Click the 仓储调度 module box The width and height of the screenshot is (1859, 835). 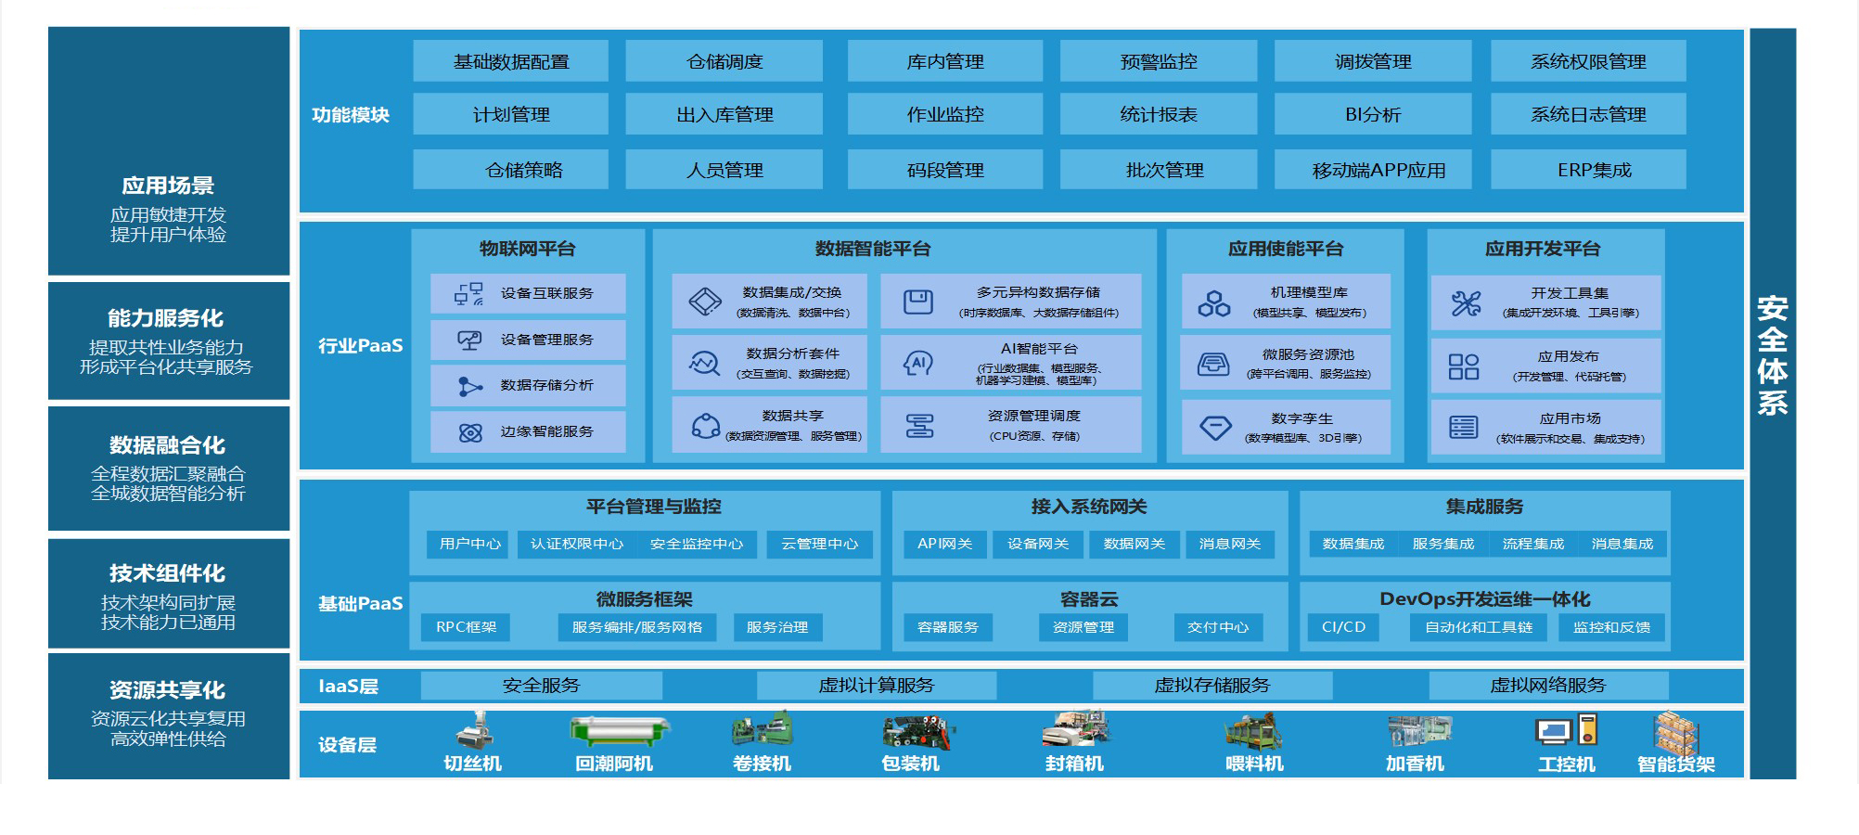(x=724, y=61)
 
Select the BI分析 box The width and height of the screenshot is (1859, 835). (x=1372, y=114)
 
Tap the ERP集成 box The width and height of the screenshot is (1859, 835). (x=1587, y=170)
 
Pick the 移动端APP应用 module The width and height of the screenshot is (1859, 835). (x=1372, y=170)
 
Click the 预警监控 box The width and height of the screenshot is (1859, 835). (x=1158, y=61)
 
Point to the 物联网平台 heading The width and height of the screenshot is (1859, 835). (x=527, y=249)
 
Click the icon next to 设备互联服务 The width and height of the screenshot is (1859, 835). (x=468, y=294)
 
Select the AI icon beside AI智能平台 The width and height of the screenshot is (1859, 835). (x=917, y=363)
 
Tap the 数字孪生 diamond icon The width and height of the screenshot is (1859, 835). (x=1214, y=428)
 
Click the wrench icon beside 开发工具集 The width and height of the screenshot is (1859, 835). (x=1466, y=302)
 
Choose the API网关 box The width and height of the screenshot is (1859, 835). (x=944, y=544)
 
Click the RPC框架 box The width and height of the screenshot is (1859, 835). (x=466, y=627)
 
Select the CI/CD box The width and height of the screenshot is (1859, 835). (x=1343, y=627)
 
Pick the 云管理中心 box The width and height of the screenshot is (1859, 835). (x=819, y=544)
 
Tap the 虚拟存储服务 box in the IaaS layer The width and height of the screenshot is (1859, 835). (x=1212, y=686)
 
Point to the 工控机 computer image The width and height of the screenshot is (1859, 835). (x=1566, y=731)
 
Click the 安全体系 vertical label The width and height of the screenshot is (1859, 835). (x=1772, y=355)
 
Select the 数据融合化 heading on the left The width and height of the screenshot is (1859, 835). (x=167, y=445)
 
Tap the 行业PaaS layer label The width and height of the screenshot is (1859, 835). (x=360, y=346)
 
